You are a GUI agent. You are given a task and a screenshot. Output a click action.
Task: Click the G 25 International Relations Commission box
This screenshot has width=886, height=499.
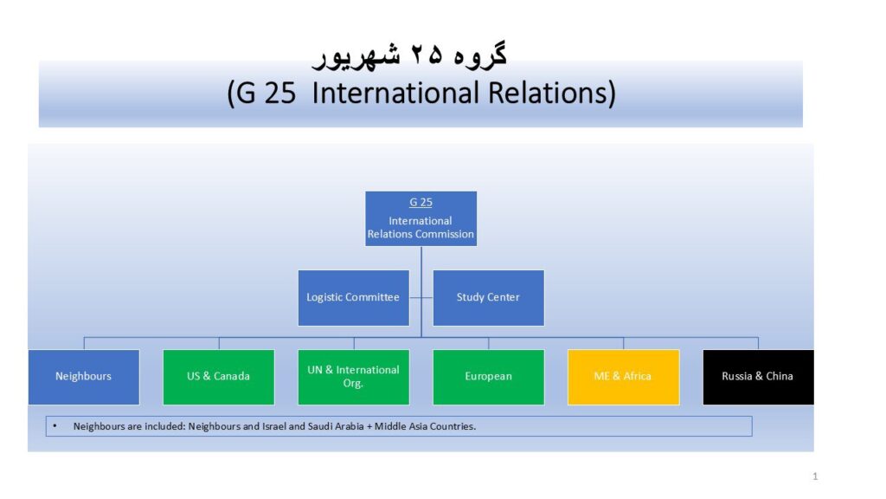click(421, 218)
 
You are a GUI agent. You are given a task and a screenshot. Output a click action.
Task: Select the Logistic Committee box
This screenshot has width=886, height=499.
click(354, 298)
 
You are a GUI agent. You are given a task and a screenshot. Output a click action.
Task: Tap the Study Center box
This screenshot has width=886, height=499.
click(489, 298)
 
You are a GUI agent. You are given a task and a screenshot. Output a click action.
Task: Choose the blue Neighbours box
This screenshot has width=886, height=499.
click(84, 377)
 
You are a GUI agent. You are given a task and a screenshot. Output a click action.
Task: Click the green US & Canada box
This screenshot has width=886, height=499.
click(219, 377)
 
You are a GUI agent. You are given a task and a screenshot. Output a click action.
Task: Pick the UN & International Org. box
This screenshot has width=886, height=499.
click(354, 377)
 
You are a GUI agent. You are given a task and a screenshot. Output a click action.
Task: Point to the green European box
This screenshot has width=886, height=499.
click(489, 377)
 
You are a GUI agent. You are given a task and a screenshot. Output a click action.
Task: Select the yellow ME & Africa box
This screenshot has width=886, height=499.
click(623, 377)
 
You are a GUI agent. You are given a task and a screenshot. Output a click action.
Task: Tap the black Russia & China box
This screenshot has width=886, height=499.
click(758, 377)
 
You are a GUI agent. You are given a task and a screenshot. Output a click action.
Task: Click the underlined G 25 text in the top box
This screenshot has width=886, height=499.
click(421, 202)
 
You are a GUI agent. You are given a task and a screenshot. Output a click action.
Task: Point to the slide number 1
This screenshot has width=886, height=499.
click(815, 476)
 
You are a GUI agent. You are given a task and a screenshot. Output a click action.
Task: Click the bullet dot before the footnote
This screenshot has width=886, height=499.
click(55, 425)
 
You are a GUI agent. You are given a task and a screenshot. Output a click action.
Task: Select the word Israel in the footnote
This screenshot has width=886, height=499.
click(274, 426)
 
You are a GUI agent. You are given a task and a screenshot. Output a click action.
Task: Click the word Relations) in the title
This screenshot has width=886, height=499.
click(552, 93)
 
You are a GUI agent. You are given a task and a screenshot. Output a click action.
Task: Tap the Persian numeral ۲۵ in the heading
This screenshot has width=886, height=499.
click(427, 55)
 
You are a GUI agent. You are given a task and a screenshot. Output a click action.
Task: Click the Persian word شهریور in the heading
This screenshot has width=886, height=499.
click(356, 56)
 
